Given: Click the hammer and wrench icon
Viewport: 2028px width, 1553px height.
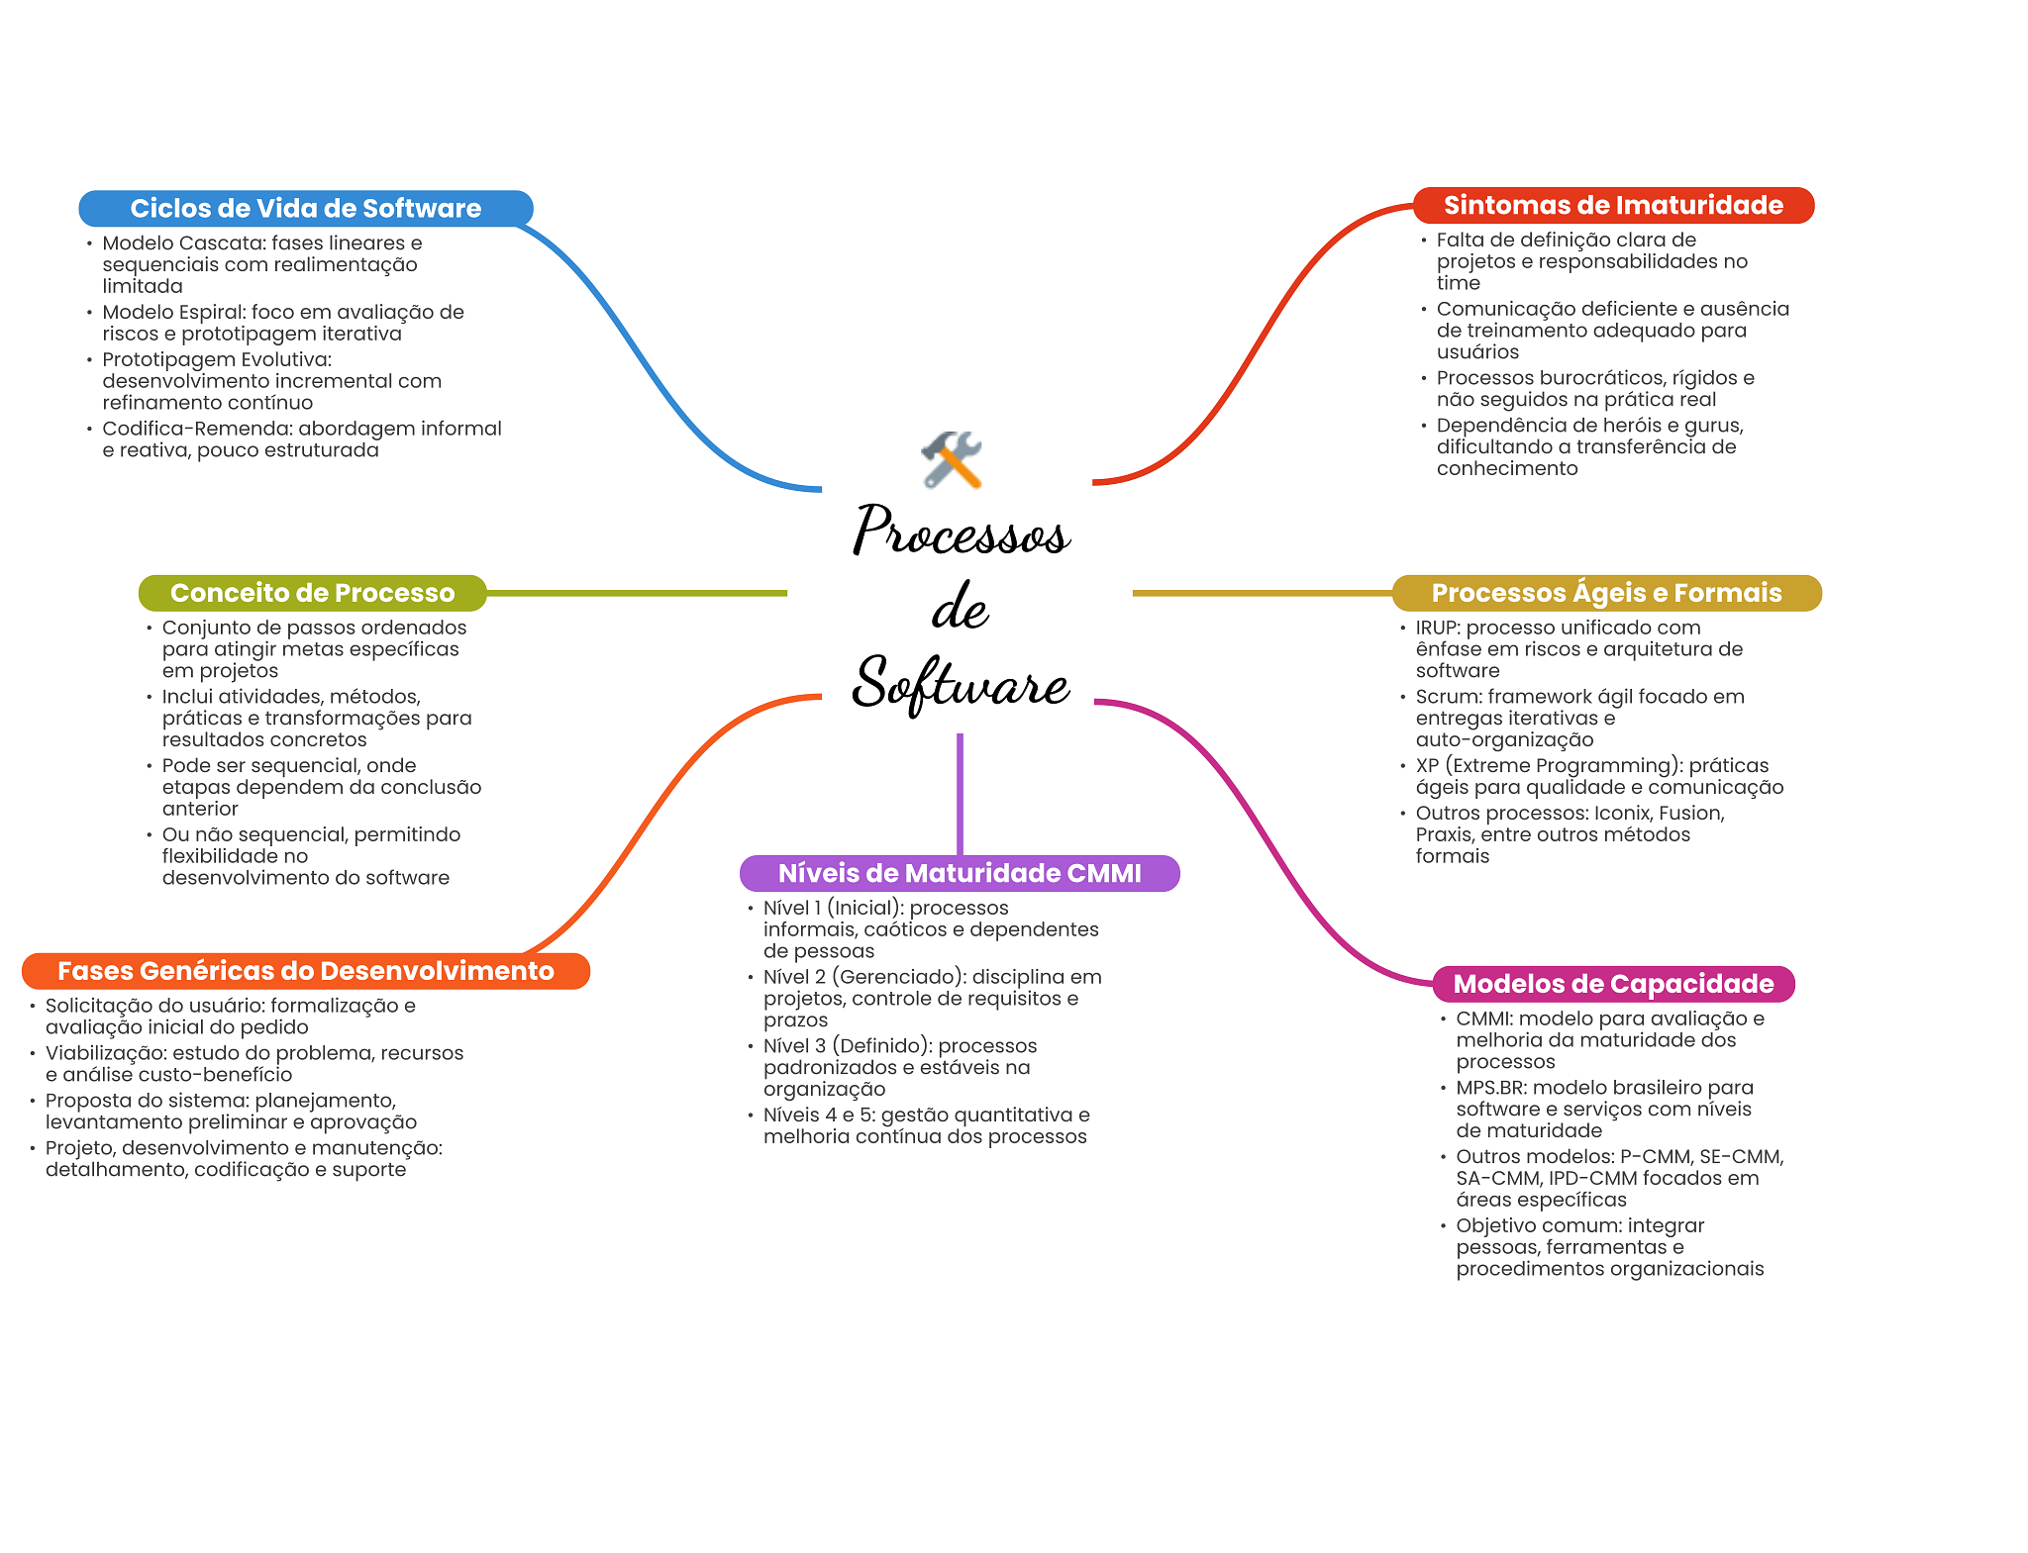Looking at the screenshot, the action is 952,459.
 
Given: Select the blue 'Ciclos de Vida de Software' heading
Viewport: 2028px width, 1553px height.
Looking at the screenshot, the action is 306,208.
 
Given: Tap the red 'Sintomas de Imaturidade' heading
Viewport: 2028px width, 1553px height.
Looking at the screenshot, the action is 1613,205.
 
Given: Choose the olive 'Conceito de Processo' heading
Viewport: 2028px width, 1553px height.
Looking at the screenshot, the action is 313,593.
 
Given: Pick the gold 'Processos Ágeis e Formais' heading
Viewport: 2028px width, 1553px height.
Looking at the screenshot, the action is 1606,593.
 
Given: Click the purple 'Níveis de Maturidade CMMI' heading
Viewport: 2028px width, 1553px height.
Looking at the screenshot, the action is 960,873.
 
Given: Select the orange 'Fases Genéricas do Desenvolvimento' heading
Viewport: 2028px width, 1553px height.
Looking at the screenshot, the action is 306,971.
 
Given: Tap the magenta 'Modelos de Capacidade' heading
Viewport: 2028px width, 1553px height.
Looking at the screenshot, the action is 1613,984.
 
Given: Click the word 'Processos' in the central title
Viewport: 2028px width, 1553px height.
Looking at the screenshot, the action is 961,530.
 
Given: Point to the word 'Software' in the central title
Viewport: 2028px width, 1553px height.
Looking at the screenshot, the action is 961,683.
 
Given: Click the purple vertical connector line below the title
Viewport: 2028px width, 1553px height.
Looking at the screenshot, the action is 960,794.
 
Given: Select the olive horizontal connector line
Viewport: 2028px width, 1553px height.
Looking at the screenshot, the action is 637,593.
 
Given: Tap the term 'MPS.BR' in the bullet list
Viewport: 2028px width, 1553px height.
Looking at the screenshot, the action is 1490,1088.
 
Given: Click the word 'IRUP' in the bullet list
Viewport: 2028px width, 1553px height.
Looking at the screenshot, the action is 1437,628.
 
